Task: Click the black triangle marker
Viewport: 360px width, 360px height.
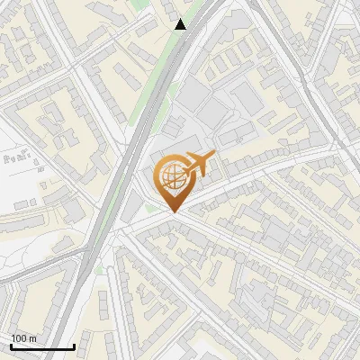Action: pyautogui.click(x=181, y=24)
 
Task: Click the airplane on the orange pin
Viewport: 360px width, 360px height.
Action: pyautogui.click(x=197, y=164)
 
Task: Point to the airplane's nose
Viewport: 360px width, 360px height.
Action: pyautogui.click(x=213, y=157)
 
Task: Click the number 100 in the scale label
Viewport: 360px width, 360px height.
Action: pyautogui.click(x=20, y=338)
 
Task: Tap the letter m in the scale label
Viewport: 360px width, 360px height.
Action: pyautogui.click(x=33, y=338)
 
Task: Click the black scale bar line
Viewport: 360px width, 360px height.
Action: pyautogui.click(x=42, y=347)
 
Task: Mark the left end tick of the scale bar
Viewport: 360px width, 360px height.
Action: pyautogui.click(x=11, y=346)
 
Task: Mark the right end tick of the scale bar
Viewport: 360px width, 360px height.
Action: pyautogui.click(x=74, y=346)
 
